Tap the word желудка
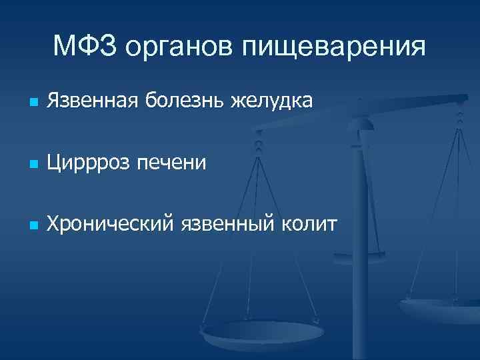pyautogui.click(x=272, y=102)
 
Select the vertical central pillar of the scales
pyautogui.click(x=360, y=220)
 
